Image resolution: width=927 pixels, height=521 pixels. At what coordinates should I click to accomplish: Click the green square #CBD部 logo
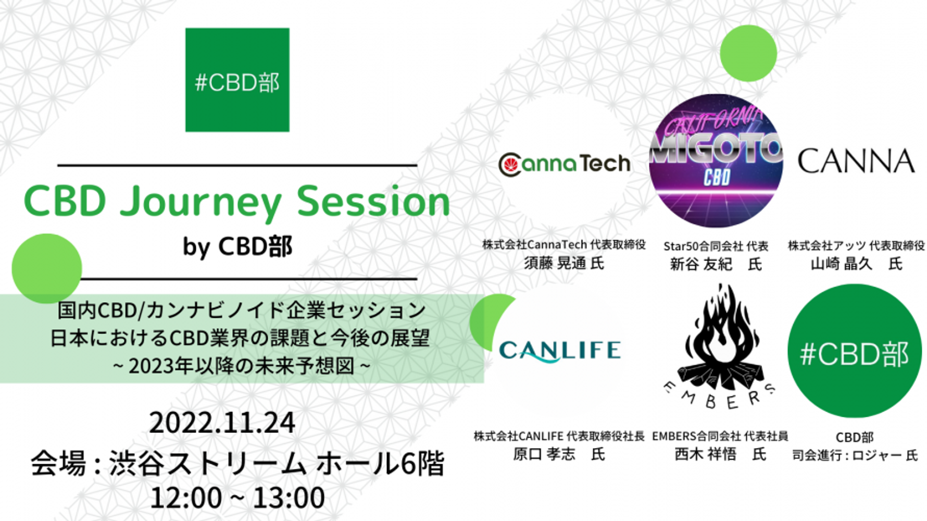237,80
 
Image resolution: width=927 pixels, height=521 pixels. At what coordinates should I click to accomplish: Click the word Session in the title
373,201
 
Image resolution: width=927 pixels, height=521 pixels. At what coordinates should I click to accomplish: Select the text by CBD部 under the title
237,246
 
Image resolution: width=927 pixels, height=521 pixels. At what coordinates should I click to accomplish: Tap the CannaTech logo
565,164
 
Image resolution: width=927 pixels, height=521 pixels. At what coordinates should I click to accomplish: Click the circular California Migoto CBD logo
716,160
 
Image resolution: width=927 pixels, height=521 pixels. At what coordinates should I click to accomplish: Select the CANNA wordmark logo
856,161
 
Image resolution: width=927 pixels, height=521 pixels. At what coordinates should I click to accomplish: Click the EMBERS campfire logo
719,346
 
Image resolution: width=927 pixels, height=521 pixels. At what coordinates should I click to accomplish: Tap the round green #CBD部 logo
855,351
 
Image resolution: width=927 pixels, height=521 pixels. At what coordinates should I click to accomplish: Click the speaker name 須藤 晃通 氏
564,263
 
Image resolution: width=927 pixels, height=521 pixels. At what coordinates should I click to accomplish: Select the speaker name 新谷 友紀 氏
716,264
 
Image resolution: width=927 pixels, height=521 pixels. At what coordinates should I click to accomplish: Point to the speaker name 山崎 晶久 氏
856,264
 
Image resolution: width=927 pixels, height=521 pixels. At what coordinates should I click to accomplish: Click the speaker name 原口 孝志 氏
559,454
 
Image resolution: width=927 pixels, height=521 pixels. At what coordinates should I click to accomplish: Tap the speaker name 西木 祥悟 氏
720,454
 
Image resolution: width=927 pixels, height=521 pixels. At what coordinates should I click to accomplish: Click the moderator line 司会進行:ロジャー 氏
855,455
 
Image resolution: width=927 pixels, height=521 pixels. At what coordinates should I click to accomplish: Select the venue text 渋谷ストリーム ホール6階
277,463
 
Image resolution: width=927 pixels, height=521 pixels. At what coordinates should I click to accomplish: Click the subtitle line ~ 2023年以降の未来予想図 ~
242,366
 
